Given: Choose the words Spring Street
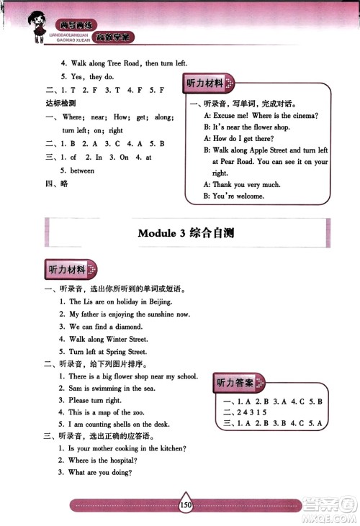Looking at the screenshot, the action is coord(127,352).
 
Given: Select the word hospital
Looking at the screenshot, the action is coord(120,460).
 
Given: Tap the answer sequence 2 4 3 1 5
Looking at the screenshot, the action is coord(252,412).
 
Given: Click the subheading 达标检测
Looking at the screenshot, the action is coord(57,103).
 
